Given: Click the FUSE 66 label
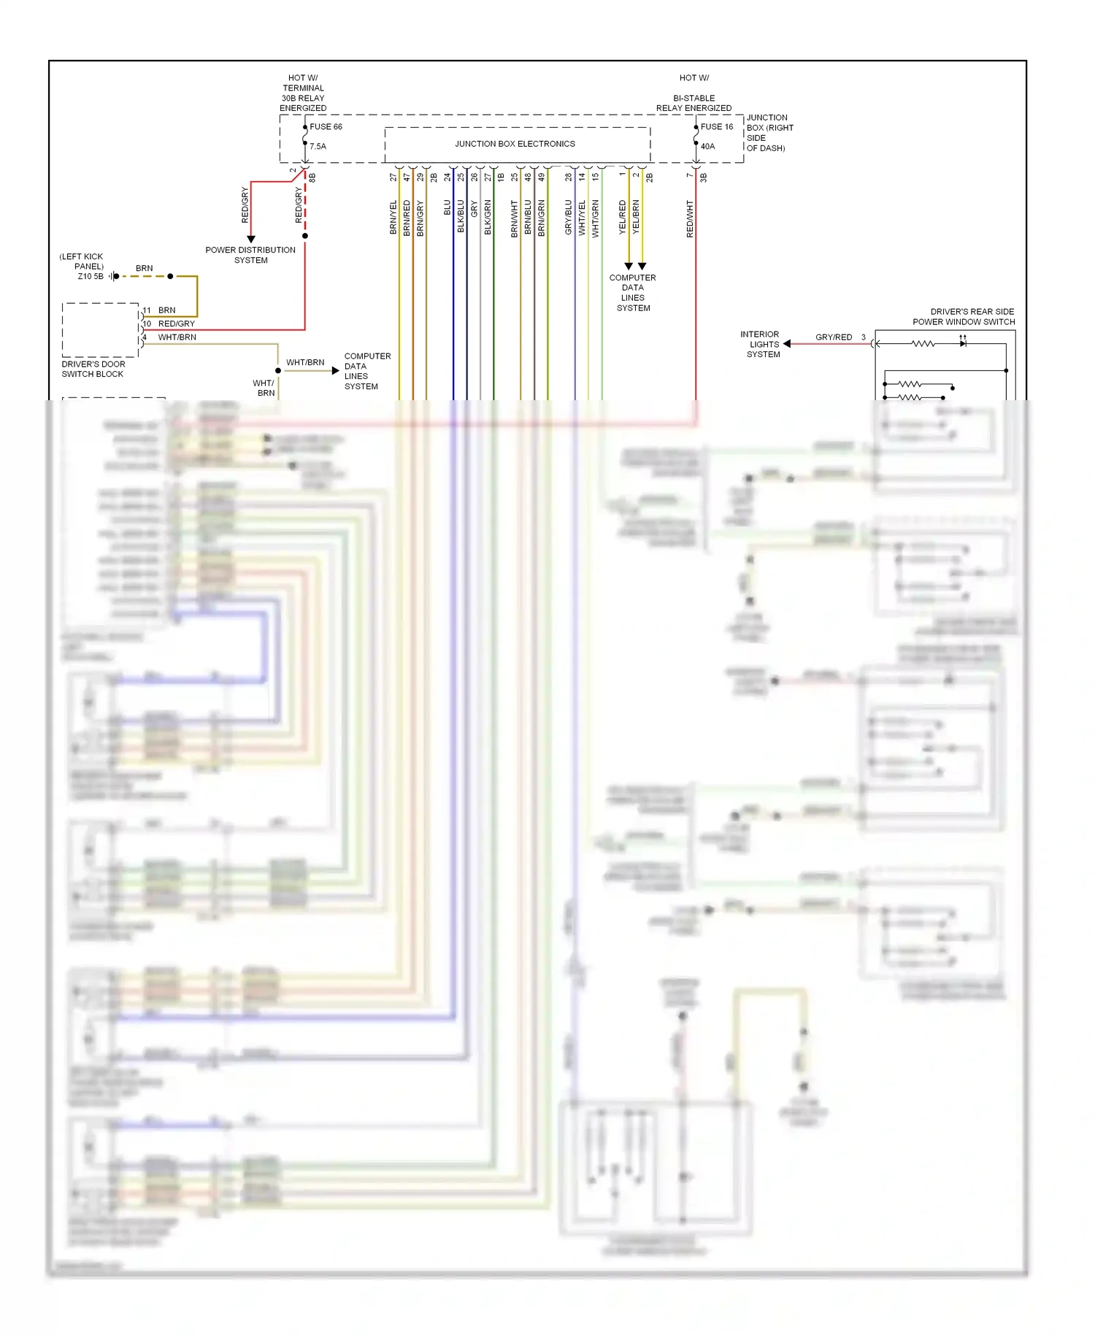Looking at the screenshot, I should point(326,126).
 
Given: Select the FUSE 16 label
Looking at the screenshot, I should point(716,126).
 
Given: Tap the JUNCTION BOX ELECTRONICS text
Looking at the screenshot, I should point(515,144).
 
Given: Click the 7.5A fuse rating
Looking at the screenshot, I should point(318,146).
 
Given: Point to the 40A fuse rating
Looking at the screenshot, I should point(707,146).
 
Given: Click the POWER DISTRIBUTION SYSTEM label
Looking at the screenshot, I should point(250,255).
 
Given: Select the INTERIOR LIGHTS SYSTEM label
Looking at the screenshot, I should point(761,344).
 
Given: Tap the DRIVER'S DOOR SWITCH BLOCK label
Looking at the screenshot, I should point(93,369).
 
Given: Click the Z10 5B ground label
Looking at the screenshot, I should point(91,277).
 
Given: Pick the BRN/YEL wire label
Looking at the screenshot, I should point(393,217).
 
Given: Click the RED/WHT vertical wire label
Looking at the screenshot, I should point(690,218).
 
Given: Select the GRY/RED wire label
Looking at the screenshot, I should point(834,337).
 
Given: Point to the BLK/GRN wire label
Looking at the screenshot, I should point(488,217).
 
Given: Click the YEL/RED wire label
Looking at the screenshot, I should point(622,217).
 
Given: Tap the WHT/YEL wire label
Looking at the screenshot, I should point(582,217).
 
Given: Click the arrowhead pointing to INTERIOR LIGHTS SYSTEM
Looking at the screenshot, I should point(787,343).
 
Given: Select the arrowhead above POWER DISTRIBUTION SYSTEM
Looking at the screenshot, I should point(251,239).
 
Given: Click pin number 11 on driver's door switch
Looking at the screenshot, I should point(147,310).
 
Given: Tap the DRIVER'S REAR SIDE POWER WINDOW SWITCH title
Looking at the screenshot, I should point(964,316).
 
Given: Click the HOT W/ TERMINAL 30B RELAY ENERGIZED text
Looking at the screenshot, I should point(303,93).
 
